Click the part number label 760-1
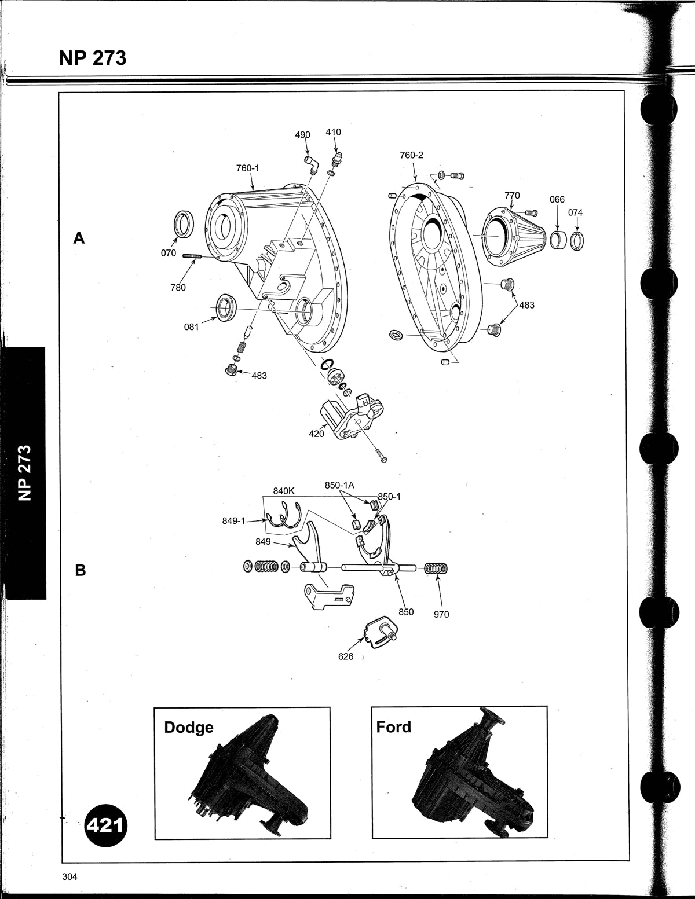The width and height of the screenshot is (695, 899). point(247,168)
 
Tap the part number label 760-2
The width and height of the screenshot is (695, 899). point(411,155)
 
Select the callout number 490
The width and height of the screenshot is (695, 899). point(302,135)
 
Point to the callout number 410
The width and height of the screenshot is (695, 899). point(333,132)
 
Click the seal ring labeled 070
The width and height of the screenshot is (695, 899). point(182,224)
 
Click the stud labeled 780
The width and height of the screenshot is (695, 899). point(192,256)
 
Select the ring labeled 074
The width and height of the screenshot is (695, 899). point(577,241)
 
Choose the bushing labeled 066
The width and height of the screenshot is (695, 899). point(557,240)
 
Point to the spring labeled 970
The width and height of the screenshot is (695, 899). point(436,569)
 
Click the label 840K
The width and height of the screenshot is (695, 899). point(284,491)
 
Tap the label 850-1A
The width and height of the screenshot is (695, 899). point(339,485)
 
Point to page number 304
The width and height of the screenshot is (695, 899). point(69,876)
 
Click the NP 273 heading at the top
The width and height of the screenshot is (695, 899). point(93,58)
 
